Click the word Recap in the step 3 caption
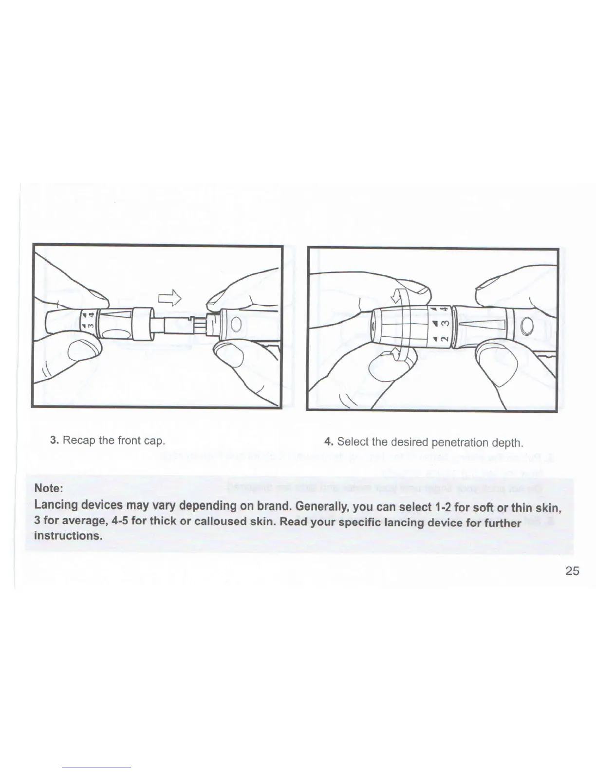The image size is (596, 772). (x=79, y=441)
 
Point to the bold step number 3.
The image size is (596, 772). (x=55, y=441)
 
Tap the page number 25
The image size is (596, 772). (x=573, y=571)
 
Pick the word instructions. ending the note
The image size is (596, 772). (x=68, y=536)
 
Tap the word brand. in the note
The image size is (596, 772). (x=273, y=505)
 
